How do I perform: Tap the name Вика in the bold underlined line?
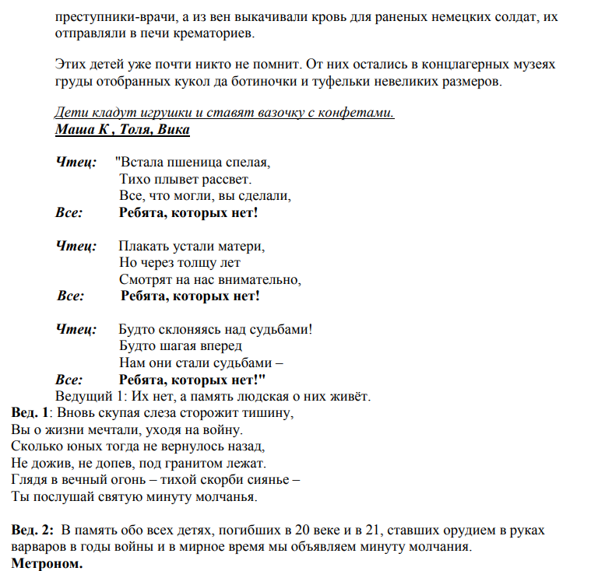coord(173,129)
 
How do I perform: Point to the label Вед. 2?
coord(33,530)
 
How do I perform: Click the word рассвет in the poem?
coord(227,179)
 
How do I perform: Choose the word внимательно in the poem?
coord(261,279)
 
